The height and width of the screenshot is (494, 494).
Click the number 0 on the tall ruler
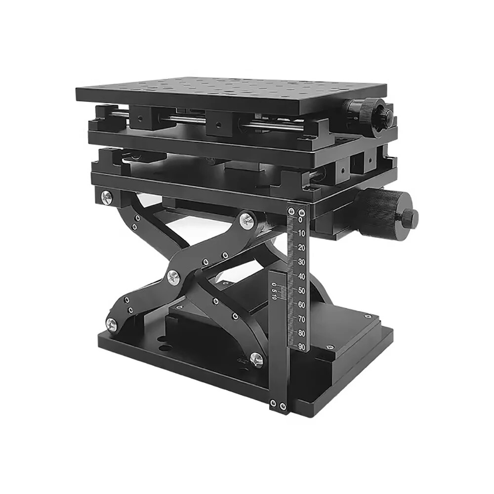(301, 219)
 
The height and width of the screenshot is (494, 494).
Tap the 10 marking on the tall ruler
(301, 233)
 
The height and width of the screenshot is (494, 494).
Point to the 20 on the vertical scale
(301, 247)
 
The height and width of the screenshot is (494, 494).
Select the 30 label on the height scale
(301, 262)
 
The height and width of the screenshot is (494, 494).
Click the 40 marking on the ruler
(301, 276)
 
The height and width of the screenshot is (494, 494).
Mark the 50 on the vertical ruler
(301, 290)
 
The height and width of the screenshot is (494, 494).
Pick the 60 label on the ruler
(301, 305)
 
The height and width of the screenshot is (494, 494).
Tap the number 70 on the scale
(301, 319)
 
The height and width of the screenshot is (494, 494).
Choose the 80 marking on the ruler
(301, 333)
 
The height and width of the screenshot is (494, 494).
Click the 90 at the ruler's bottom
(301, 347)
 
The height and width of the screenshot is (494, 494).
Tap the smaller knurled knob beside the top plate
(368, 115)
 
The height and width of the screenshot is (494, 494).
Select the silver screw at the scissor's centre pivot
(173, 277)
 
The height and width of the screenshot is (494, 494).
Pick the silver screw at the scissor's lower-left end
(112, 324)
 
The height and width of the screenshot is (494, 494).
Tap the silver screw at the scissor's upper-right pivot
(247, 220)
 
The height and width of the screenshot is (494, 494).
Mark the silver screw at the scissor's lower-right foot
(256, 360)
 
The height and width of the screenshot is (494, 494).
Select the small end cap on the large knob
(411, 216)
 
